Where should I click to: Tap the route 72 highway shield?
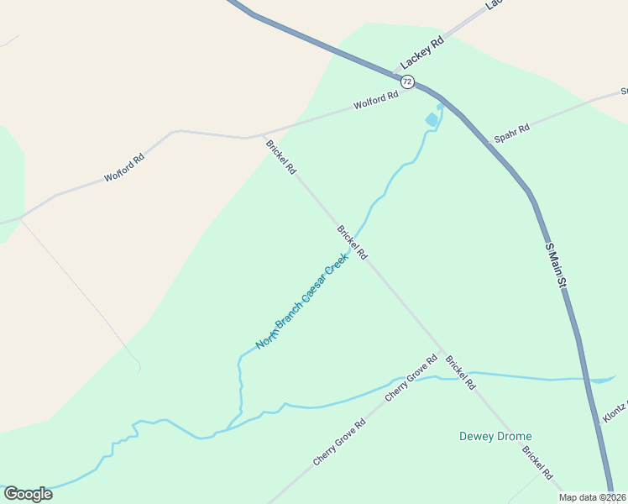(407, 81)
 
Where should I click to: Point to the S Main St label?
(555, 266)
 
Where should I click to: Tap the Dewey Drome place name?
(495, 436)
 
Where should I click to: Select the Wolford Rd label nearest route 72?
(375, 101)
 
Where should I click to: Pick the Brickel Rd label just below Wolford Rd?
(281, 156)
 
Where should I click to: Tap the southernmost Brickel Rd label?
(537, 463)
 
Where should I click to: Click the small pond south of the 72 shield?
(432, 119)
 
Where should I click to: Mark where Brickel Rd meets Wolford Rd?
(264, 135)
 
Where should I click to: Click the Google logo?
(28, 494)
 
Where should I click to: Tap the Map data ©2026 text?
(592, 497)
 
